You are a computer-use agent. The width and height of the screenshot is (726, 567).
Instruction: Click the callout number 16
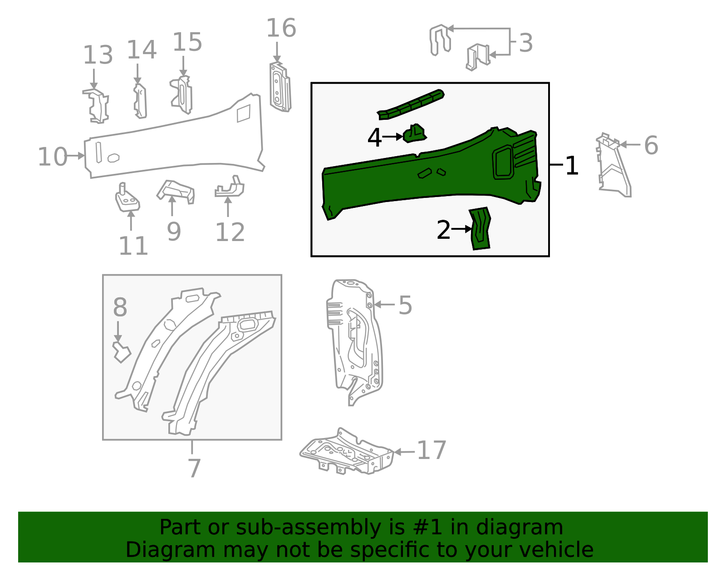pos(281,28)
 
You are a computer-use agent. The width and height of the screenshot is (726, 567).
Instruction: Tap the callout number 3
pos(525,43)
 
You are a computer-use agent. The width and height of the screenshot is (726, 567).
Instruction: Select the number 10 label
pos(52,157)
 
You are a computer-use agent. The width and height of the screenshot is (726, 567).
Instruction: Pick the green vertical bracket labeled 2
pos(481,229)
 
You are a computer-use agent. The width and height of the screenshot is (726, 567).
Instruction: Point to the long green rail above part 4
pos(411,105)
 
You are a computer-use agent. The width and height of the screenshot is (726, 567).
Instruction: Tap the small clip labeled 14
pos(140,101)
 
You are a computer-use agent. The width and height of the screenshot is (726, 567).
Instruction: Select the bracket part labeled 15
pos(182,95)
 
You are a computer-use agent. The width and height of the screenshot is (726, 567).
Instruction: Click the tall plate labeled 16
pos(280,87)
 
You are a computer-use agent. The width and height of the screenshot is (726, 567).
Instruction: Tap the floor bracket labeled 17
pos(347,452)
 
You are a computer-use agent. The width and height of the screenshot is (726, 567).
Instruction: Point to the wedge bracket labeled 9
pos(177,191)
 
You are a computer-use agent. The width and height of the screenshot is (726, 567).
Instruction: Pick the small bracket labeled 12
pos(231,188)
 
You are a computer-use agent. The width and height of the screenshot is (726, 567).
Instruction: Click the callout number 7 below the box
pos(194,468)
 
